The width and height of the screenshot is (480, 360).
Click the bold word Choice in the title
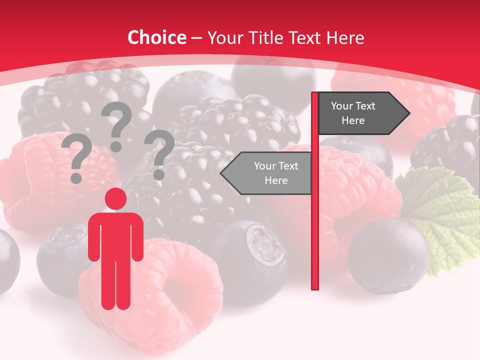156,37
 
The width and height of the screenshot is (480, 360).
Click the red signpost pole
315,225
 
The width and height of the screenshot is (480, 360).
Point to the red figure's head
115,199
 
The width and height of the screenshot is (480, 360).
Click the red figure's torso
115,235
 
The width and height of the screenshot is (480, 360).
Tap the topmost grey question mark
116,125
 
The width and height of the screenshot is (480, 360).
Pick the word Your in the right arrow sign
342,106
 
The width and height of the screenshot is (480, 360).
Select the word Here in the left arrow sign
276,180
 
